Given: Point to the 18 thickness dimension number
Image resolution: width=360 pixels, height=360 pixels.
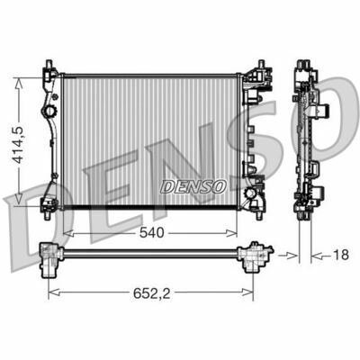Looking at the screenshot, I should coord(339,256).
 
